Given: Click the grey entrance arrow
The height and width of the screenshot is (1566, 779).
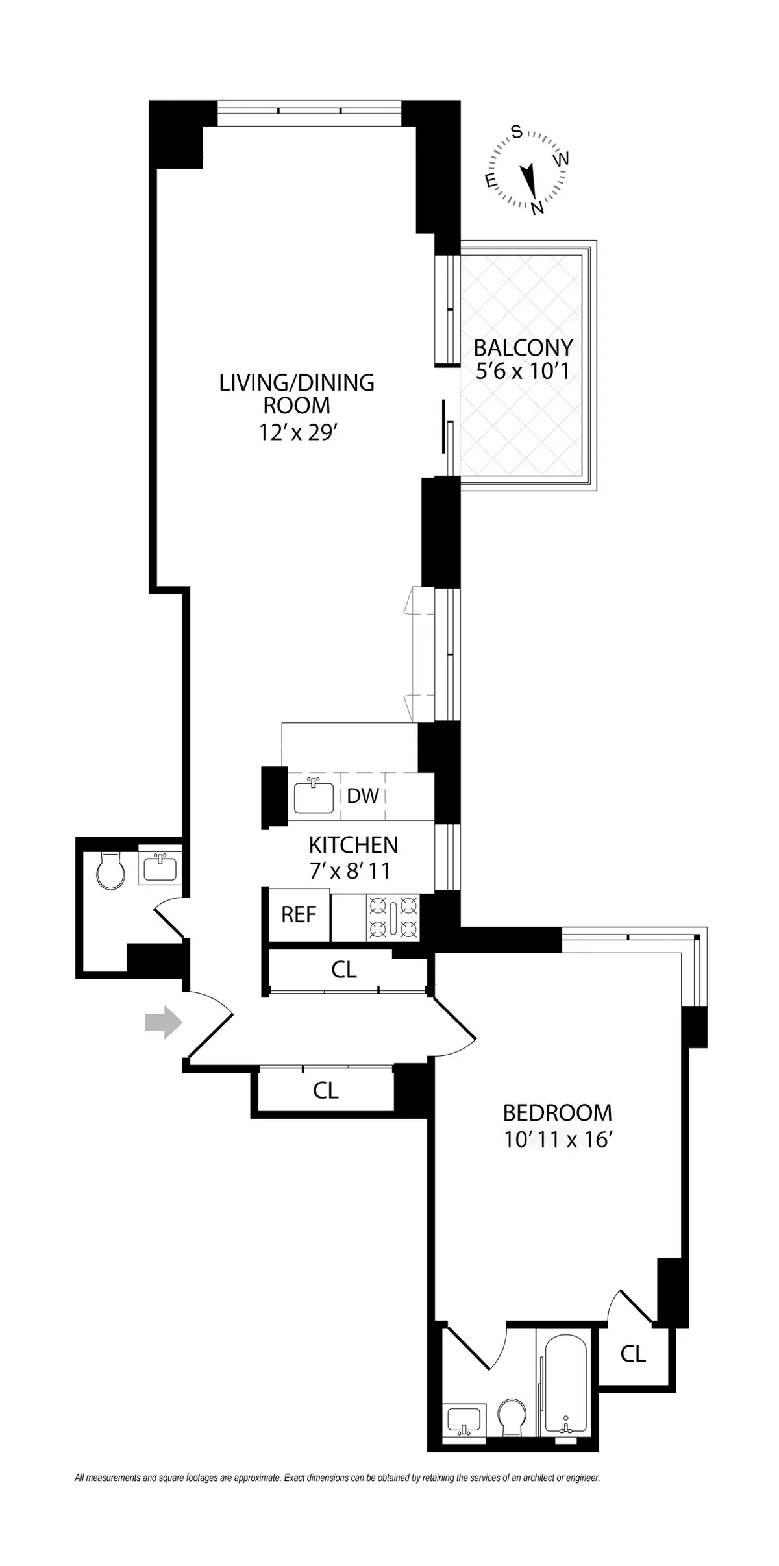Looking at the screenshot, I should tap(164, 1022).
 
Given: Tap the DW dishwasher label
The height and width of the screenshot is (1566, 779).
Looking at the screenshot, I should tap(362, 796).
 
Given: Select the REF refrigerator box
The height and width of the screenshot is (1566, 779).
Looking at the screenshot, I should tap(299, 915).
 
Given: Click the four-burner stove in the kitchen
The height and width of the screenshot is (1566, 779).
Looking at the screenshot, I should tap(393, 917).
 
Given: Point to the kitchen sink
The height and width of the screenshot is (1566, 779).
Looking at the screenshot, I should tap(314, 797).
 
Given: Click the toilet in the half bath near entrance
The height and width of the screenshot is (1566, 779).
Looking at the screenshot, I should tap(110, 870).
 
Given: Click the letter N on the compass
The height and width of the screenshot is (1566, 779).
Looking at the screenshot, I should tap(537, 208).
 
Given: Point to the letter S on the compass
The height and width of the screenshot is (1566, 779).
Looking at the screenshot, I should tap(517, 132).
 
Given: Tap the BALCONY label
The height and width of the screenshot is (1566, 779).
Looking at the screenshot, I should tap(523, 348).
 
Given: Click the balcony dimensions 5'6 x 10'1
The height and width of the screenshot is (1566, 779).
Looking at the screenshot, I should tap(523, 371).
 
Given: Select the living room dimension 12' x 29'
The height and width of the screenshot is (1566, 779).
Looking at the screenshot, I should tap(297, 432).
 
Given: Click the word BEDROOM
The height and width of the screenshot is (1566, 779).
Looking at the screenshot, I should tap(557, 1113).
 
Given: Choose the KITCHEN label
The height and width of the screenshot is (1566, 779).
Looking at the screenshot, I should tap(353, 845).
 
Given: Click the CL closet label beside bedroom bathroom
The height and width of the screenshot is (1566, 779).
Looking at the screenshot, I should tap(633, 1353).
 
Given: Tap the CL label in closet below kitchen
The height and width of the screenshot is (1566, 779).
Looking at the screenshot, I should tap(344, 970).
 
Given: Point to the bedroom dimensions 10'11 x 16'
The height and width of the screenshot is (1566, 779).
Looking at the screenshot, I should tap(559, 1140).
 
